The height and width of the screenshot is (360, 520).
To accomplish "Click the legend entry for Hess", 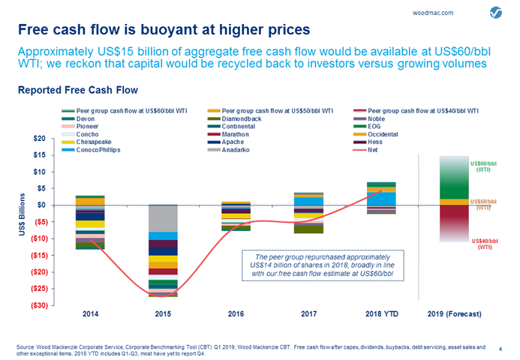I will click(375, 141).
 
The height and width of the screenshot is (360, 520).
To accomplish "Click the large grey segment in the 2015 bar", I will click(162, 218).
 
